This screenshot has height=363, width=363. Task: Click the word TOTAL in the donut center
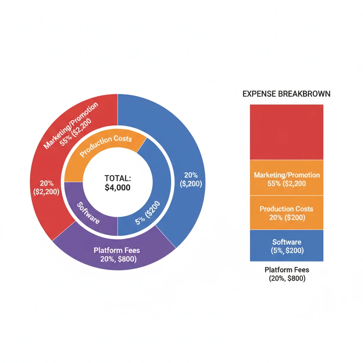click(117, 178)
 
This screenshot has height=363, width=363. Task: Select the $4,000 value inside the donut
click(117, 188)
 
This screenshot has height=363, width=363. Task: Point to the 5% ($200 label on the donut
click(148, 213)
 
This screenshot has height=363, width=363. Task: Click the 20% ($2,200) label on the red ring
click(47, 188)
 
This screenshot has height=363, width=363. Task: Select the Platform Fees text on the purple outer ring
click(117, 250)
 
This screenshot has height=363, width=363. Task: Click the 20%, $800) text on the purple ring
click(118, 259)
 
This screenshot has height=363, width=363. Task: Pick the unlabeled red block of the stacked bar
click(286, 132)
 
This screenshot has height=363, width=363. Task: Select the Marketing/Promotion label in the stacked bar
click(287, 175)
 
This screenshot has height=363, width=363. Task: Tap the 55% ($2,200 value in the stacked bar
click(287, 184)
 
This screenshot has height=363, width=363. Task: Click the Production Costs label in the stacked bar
click(286, 209)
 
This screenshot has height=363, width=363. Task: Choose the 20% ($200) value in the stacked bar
click(287, 218)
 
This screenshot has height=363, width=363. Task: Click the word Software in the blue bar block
click(287, 242)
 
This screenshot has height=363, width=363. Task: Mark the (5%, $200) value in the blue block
click(287, 251)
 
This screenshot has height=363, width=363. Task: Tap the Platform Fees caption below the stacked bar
click(287, 270)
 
